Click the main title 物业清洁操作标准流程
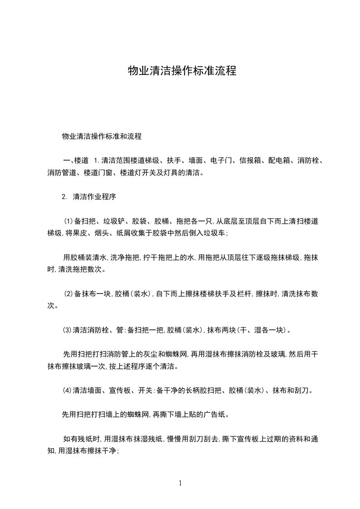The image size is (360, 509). pos(182,71)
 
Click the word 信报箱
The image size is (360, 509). pos(252,160)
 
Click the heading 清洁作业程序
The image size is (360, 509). pos(94,197)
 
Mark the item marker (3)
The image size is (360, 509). pos(68,330)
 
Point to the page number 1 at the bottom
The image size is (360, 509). pos(180,483)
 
